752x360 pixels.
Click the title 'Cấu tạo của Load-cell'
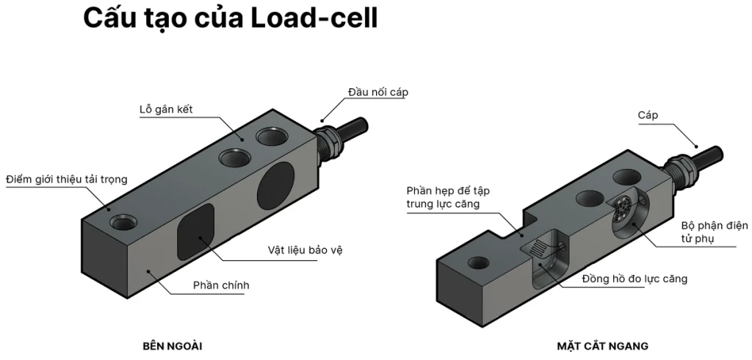click(x=230, y=18)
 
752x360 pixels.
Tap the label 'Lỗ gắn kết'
click(x=170, y=109)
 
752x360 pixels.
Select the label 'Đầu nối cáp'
click(x=377, y=93)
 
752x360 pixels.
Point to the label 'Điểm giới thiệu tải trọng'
click(x=67, y=179)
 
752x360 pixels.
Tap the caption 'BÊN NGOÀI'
click(x=172, y=345)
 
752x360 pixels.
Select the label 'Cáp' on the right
click(x=648, y=115)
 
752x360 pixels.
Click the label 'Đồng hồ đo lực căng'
click(x=634, y=279)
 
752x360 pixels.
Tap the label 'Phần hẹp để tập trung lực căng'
click(x=448, y=197)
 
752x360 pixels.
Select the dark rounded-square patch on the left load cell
click(x=196, y=231)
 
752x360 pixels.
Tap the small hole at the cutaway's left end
click(x=479, y=262)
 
